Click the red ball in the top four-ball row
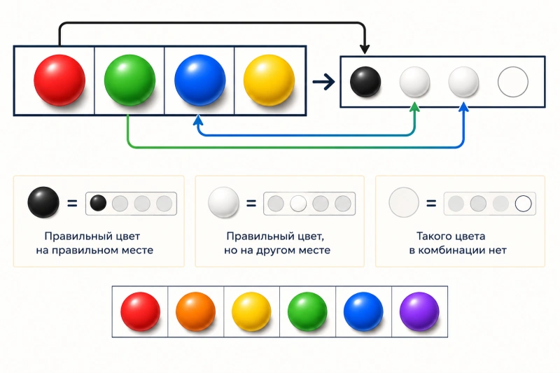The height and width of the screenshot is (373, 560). [59, 80]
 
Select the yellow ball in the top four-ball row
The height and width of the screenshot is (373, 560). [269, 80]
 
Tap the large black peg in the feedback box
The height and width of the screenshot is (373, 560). [365, 82]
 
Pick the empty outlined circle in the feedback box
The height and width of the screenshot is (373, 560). [513, 82]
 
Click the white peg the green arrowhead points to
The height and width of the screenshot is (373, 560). [414, 82]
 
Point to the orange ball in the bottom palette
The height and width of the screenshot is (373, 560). [196, 311]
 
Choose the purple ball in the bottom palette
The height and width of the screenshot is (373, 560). [419, 311]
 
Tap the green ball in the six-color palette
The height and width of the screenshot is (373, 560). [307, 311]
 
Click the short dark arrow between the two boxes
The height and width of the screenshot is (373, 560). [323, 82]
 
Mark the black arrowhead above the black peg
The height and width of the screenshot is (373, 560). [365, 49]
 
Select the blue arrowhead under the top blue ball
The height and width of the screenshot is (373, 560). [198, 120]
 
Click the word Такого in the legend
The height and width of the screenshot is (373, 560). [432, 237]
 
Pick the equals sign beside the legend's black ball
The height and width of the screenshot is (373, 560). [72, 203]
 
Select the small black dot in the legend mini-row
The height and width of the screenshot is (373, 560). [98, 203]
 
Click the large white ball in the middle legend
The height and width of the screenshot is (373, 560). [223, 202]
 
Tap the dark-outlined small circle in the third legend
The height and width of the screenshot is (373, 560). [523, 204]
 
